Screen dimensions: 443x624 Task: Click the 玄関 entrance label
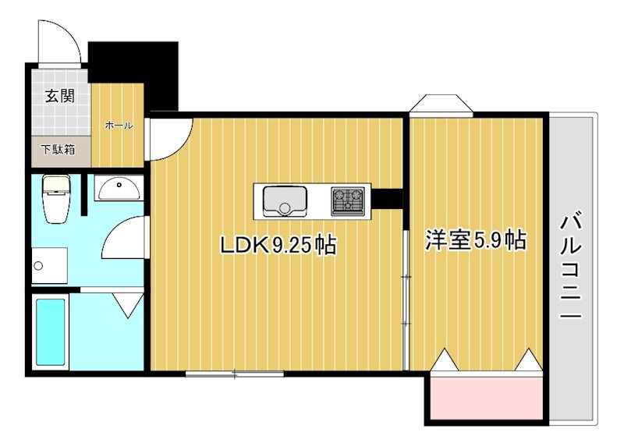pyautogui.click(x=59, y=97)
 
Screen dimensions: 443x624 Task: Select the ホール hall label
pyautogui.click(x=118, y=125)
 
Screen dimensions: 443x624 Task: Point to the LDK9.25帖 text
pyautogui.click(x=278, y=246)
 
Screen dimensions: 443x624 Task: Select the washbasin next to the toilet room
pyautogui.click(x=119, y=187)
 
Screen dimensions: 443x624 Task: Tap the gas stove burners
pyautogui.click(x=349, y=200)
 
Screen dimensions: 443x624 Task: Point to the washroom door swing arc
pyautogui.click(x=125, y=239)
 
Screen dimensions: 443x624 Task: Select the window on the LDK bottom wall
pyautogui.click(x=235, y=374)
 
